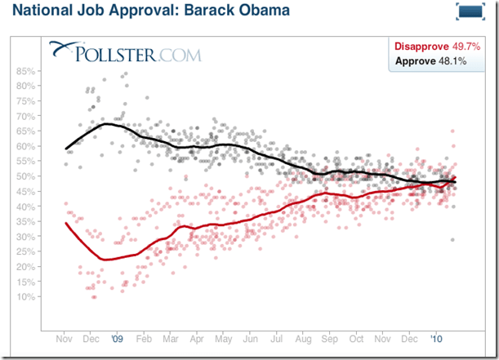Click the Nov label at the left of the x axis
click(x=64, y=337)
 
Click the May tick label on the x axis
click(x=221, y=337)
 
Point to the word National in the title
click(x=38, y=12)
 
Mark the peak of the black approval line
click(x=106, y=124)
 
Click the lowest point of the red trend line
click(x=105, y=260)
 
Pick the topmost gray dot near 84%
click(x=125, y=74)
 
